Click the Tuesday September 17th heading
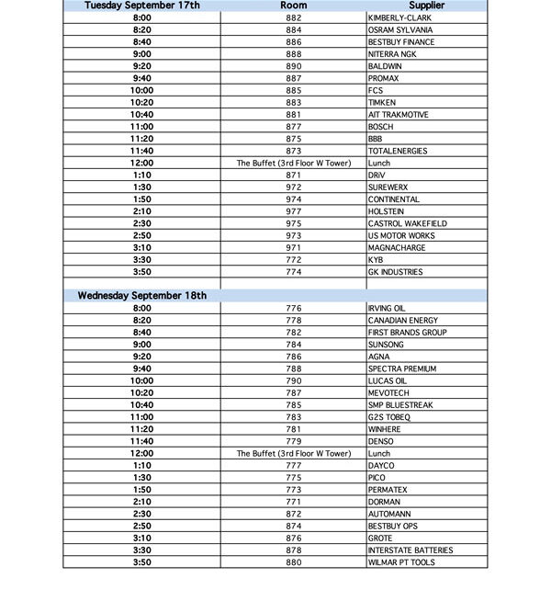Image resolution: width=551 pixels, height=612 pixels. [x=142, y=6]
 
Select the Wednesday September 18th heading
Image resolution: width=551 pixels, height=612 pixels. [x=142, y=296]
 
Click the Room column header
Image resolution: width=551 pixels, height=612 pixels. [x=294, y=6]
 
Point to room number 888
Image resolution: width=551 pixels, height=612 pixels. [x=294, y=54]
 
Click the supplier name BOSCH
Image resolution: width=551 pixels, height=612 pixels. [x=380, y=127]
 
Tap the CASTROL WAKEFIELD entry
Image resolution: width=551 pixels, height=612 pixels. [x=407, y=223]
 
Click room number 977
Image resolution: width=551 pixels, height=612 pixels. [x=294, y=211]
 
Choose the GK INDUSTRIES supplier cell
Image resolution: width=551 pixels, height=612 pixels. [x=395, y=272]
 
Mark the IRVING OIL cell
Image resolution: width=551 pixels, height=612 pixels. [x=387, y=308]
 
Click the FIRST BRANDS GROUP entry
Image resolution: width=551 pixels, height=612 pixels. [x=407, y=333]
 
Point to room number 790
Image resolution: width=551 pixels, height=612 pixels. [x=294, y=380]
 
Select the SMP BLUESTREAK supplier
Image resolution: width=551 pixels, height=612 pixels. [x=399, y=405]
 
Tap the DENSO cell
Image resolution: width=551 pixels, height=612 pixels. [x=380, y=441]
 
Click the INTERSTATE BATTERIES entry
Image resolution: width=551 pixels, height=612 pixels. [x=410, y=550]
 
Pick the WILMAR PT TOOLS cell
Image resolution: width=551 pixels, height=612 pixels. [x=401, y=562]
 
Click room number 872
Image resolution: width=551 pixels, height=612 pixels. [x=294, y=514]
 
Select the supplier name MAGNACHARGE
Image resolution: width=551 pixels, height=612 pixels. [x=396, y=248]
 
